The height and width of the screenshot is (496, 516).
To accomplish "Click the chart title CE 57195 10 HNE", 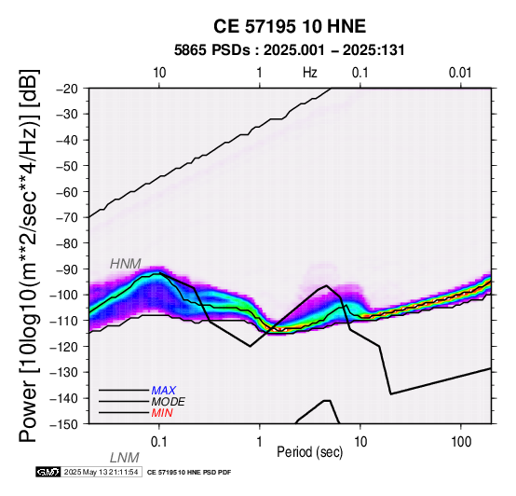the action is [290, 26].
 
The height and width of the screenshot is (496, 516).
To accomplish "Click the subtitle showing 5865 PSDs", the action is [290, 50].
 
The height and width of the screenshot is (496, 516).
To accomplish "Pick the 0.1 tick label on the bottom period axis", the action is [159, 442].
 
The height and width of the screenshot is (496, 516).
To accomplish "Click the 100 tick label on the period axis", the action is [461, 442].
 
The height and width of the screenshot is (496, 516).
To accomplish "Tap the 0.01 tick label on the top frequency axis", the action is [460, 73].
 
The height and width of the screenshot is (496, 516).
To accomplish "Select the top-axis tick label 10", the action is [159, 73].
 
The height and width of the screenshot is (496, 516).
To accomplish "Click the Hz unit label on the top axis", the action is [310, 73].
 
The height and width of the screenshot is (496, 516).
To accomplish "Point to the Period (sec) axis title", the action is [309, 452].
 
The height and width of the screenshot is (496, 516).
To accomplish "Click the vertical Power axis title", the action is [29, 255].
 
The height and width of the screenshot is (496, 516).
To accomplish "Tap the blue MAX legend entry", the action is [164, 391].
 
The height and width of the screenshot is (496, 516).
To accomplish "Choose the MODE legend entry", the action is [169, 402].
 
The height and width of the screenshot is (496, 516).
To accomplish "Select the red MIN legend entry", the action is [162, 413].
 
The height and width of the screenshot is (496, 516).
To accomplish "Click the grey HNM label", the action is [126, 264].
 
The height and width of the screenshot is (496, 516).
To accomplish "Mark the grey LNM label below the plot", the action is [125, 458].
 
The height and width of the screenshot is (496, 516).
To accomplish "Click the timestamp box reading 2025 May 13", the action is [102, 472].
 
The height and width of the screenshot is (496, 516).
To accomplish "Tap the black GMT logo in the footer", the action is [48, 472].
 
